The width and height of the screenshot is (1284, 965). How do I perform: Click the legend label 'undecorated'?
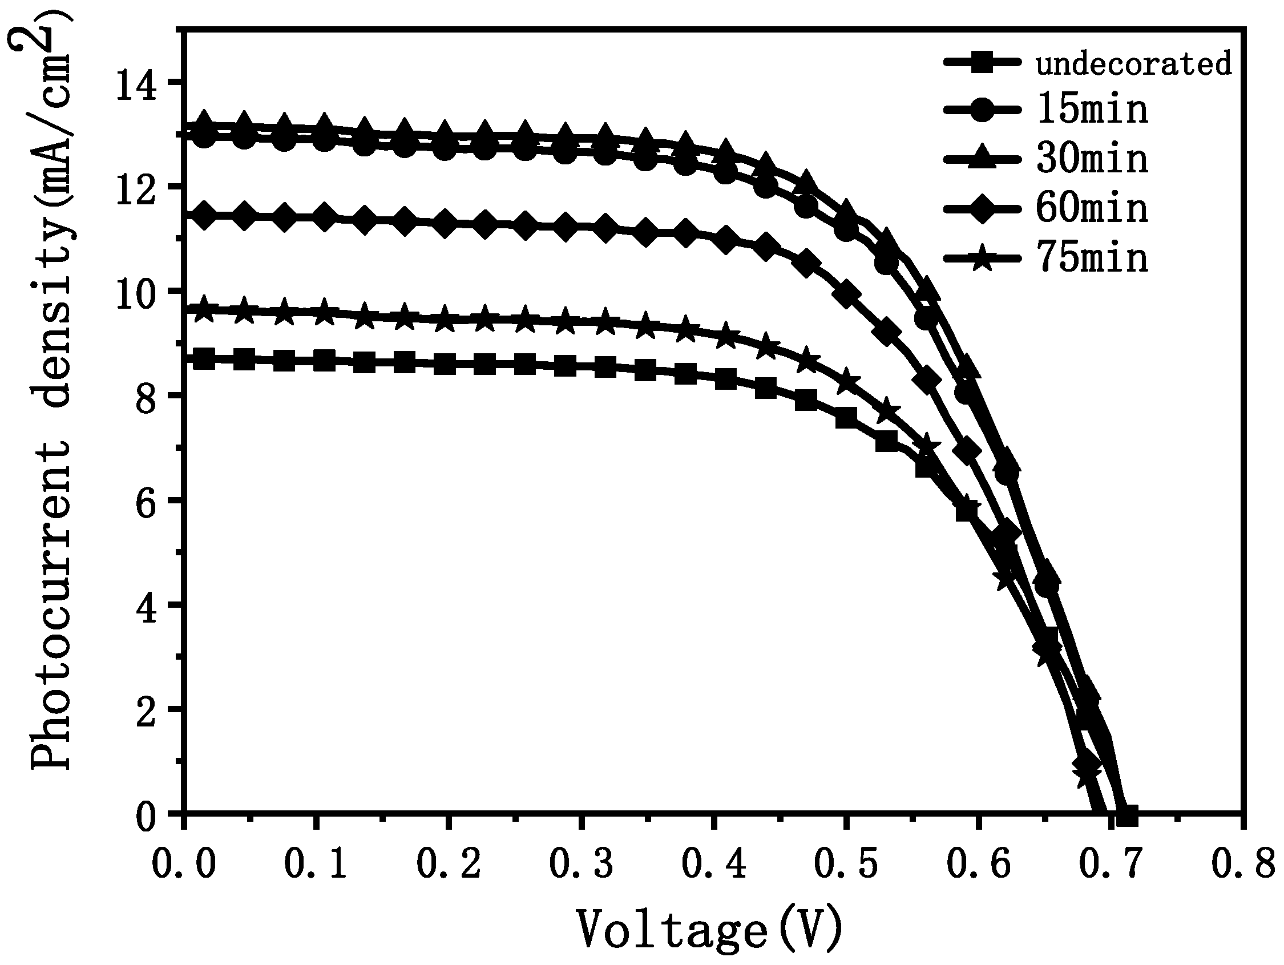point(1134,64)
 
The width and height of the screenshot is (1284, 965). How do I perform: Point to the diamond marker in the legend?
point(982,208)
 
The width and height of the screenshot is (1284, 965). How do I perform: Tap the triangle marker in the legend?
point(982,158)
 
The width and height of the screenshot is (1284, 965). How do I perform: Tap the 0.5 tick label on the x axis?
point(846,865)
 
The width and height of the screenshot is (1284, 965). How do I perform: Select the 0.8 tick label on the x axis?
point(1242,865)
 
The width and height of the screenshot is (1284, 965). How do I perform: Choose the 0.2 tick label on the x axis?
point(449,865)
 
